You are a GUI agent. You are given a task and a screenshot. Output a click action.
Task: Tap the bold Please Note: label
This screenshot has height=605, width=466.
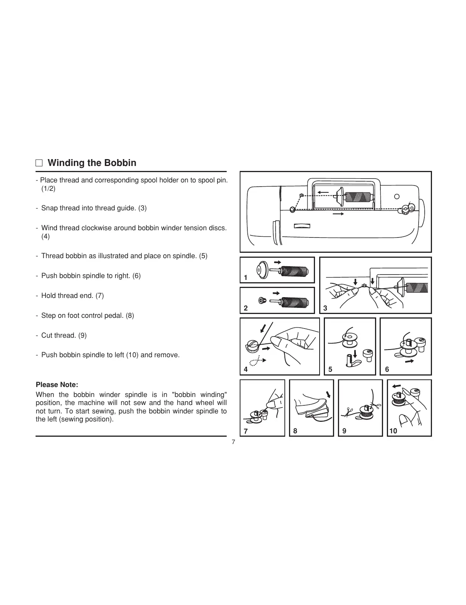(57, 385)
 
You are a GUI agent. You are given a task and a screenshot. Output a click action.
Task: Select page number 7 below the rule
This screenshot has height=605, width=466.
(233, 442)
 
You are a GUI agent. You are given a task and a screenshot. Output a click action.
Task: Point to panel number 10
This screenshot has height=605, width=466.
(393, 431)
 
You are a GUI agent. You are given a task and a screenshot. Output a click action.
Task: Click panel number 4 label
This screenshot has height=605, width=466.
(246, 369)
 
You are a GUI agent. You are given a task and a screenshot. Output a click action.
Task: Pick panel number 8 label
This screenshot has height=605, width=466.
(295, 431)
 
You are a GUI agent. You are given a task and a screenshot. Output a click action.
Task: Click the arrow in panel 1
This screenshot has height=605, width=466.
(278, 262)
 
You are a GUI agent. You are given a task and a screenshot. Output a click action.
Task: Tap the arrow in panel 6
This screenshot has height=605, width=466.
(410, 361)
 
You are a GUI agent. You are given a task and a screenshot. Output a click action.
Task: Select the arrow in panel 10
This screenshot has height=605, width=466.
(396, 385)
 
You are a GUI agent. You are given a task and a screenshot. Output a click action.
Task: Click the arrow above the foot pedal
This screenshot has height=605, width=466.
(328, 395)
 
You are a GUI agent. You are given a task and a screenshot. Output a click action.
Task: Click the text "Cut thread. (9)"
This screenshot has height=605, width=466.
(64, 335)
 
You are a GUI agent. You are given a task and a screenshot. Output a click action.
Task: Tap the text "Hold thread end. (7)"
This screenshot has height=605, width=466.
(72, 296)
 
